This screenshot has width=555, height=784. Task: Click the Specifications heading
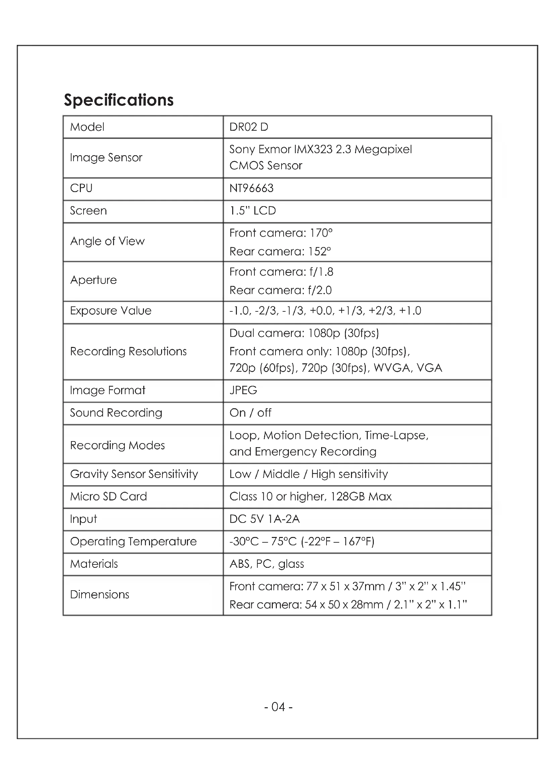point(118,100)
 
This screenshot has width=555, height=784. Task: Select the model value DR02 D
point(248,127)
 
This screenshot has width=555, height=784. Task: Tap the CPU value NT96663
point(251,188)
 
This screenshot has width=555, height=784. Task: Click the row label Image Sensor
point(106,158)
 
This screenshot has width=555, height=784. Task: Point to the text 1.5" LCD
point(253,211)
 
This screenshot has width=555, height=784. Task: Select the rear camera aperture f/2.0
point(319,290)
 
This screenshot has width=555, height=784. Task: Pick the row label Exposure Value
point(110,311)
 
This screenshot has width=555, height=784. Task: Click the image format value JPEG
point(243,390)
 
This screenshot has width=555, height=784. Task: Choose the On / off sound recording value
point(250,413)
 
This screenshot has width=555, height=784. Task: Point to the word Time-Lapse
point(396,435)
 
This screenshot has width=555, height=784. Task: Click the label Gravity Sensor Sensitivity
point(134,474)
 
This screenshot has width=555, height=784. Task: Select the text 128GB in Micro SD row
point(348,496)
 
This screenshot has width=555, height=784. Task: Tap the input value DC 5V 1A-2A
point(264,519)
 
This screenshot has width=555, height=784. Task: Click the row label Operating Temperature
point(133,542)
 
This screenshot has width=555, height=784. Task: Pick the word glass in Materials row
point(291,564)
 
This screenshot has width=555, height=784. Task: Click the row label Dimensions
point(99,595)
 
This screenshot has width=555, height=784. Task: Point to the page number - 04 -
point(278,707)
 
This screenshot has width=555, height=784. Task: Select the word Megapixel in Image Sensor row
point(383,149)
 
